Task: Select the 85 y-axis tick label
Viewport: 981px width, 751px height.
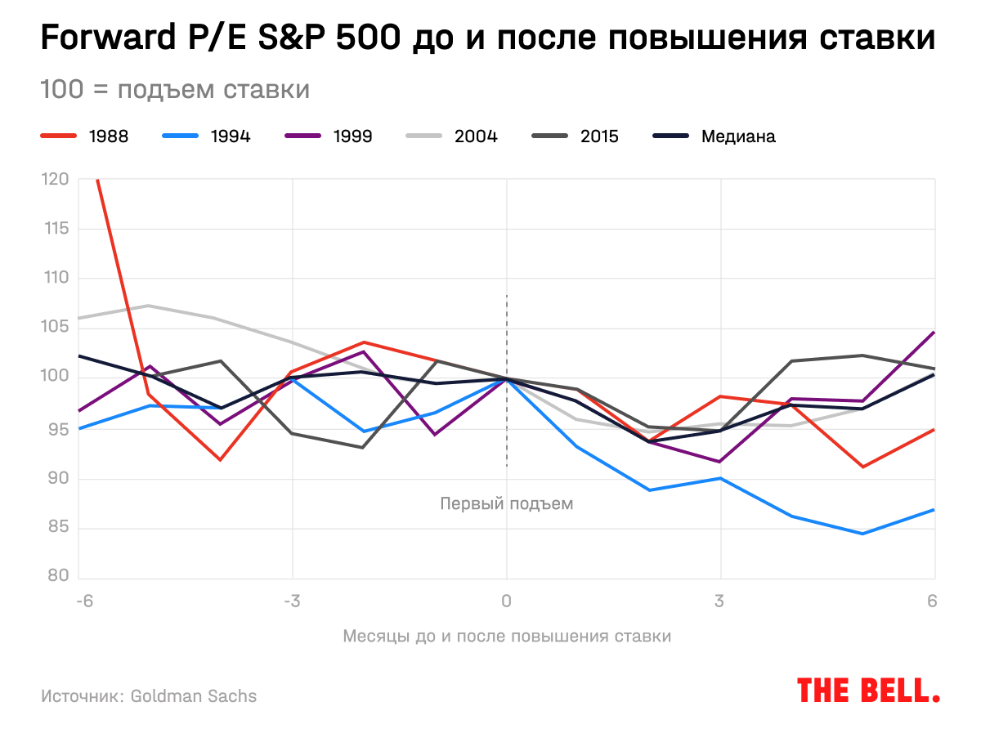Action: [x=57, y=528]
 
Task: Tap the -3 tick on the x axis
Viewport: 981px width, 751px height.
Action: [x=292, y=601]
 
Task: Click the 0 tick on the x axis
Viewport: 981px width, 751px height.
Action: [x=507, y=601]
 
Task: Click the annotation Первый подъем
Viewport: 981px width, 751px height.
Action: [x=507, y=503]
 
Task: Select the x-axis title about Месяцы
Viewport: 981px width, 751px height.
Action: [x=507, y=636]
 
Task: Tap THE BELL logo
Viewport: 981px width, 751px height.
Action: [x=868, y=691]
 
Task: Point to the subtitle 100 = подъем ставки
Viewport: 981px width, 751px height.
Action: [x=175, y=89]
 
